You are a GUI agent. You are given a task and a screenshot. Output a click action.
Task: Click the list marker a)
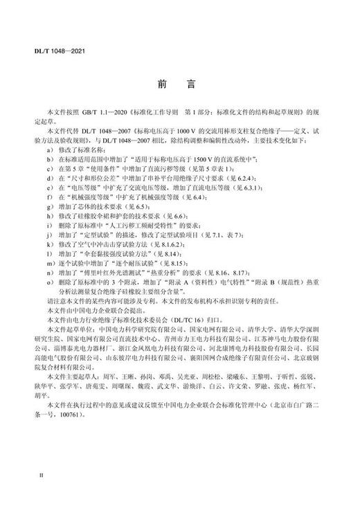48,149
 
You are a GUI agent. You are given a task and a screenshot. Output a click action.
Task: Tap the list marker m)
48,264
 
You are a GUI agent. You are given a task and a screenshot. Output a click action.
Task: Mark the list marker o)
48,284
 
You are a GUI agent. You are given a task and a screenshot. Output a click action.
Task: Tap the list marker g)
48,206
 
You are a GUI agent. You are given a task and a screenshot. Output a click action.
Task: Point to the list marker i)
48,226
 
